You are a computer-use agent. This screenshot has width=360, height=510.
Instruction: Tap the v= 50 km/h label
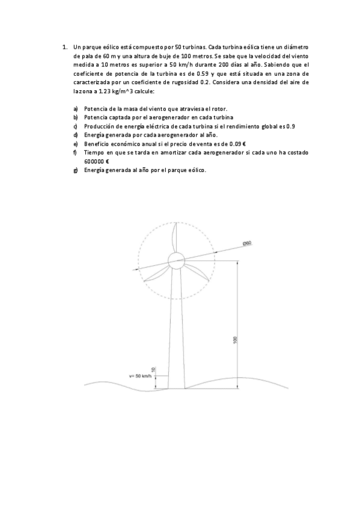[x=139, y=376]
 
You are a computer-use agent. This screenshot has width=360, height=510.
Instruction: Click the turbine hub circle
[x=177, y=261]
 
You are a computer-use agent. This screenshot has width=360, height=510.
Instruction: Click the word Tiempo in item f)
[x=94, y=153]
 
